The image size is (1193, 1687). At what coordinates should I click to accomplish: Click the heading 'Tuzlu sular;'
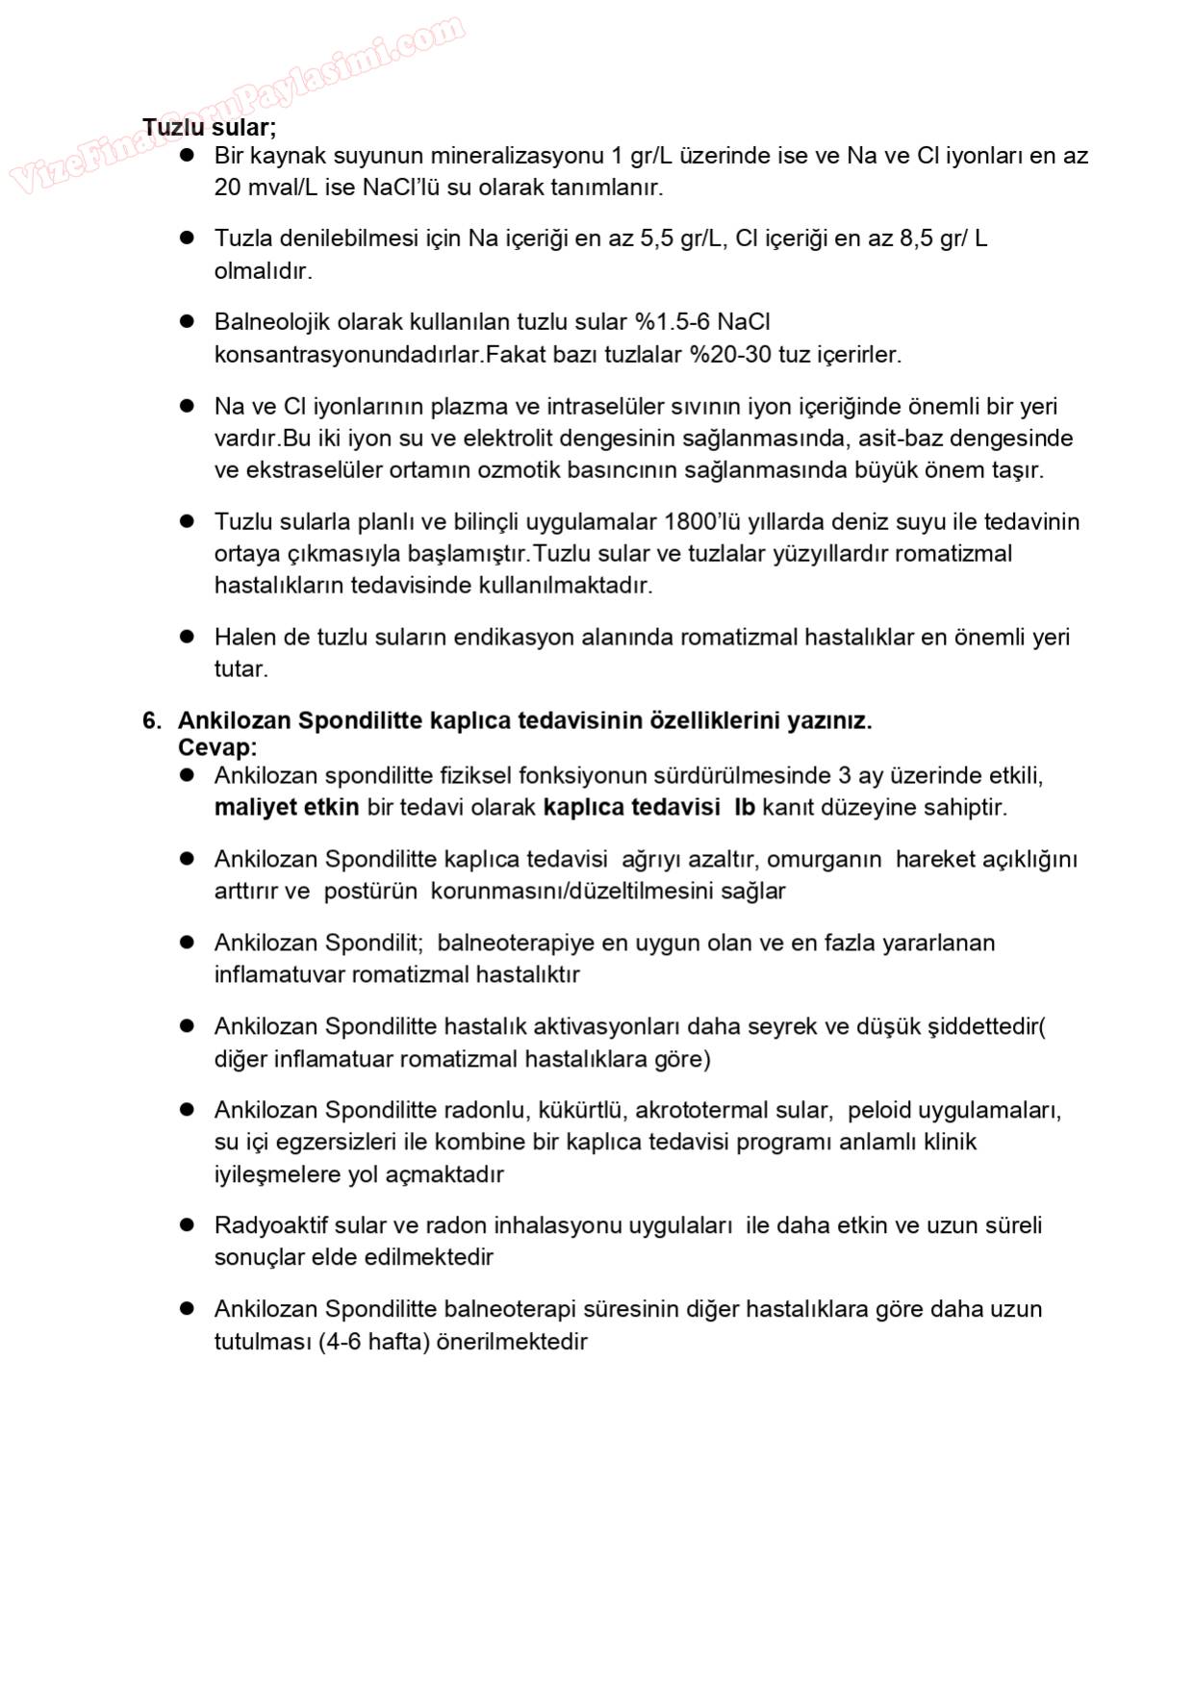[209, 127]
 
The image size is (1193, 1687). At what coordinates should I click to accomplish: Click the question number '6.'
[152, 720]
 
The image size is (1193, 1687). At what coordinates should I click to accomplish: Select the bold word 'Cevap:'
[217, 747]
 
